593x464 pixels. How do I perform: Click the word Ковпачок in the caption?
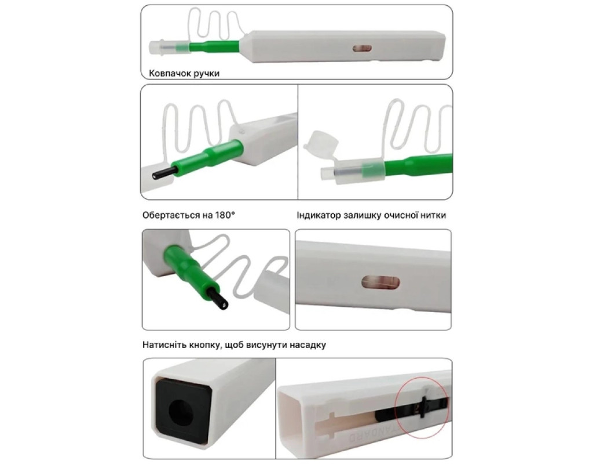[170, 73]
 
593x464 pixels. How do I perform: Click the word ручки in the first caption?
[207, 74]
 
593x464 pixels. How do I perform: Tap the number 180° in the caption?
[225, 215]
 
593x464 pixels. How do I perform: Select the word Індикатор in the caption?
[319, 215]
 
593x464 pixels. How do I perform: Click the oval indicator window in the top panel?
[362, 49]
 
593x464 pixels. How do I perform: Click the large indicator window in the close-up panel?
[380, 282]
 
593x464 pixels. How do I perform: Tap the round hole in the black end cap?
[181, 412]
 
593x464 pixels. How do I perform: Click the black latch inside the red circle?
[424, 406]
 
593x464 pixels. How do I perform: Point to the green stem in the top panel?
[214, 46]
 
